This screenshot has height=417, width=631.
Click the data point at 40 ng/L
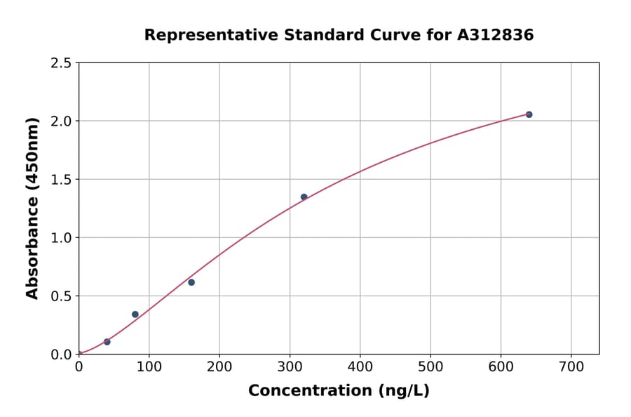[x=107, y=342]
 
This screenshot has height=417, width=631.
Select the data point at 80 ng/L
[x=135, y=315]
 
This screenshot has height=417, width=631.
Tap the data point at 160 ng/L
[x=191, y=282]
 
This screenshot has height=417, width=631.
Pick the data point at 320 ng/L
[x=304, y=197]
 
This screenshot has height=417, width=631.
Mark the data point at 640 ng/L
[x=529, y=114]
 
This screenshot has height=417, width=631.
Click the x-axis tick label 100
[x=149, y=367]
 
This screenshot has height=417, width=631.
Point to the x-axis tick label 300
[x=290, y=367]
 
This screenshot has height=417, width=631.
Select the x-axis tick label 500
[x=430, y=367]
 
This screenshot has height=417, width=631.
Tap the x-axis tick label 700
[x=571, y=367]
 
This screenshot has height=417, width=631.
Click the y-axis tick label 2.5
[x=60, y=63]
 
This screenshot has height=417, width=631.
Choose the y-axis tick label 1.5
[x=60, y=180]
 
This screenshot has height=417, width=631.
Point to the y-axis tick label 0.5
[x=60, y=296]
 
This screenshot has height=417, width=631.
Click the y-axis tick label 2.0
[x=60, y=121]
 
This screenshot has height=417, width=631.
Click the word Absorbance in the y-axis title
[x=32, y=248]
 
